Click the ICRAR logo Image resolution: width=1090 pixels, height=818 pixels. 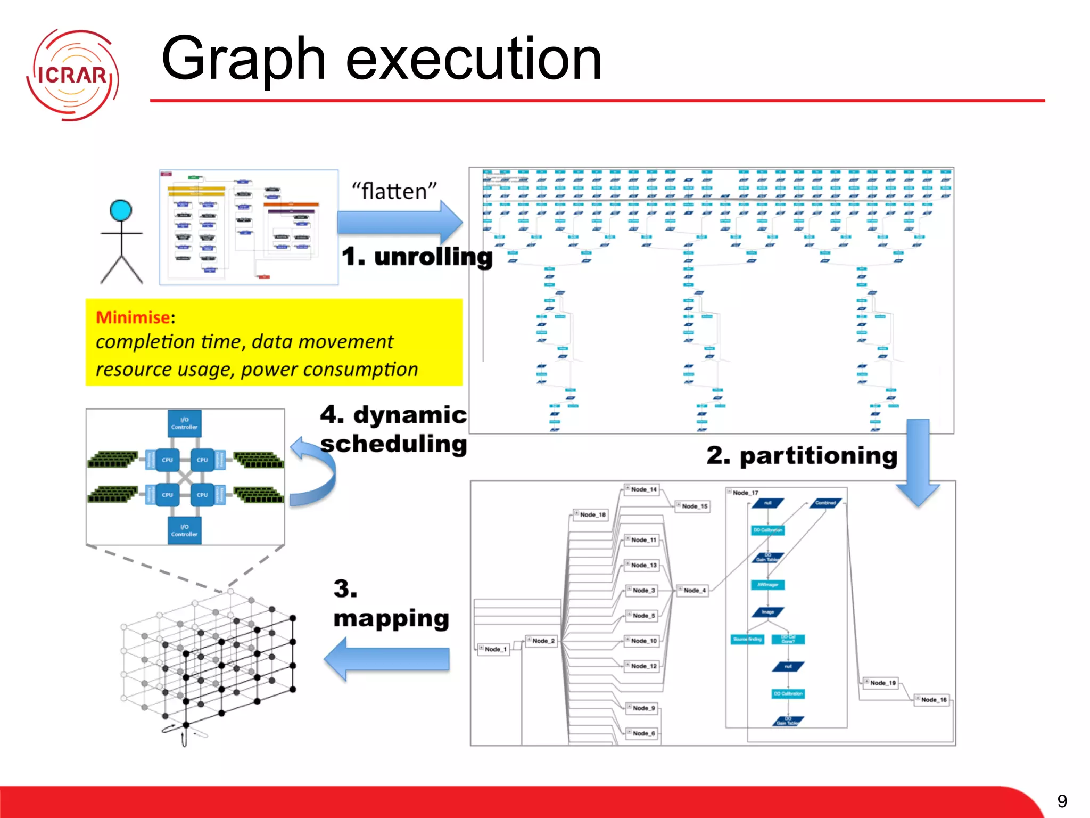coord(72,75)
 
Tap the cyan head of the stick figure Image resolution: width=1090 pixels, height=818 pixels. coord(121,210)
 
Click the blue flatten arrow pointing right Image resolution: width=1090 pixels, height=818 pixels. coord(399,222)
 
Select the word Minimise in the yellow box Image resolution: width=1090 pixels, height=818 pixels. coord(133,317)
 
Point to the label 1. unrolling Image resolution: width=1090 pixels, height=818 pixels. coord(417,257)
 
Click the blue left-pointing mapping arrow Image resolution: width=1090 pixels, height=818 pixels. coord(387,659)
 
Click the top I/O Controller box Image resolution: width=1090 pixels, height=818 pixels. coord(184,423)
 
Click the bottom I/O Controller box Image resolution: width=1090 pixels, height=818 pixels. coord(184,530)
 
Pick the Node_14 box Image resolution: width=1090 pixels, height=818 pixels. coord(642,489)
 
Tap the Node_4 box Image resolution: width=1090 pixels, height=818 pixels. coord(693,590)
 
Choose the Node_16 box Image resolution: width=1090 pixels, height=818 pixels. coord(932,700)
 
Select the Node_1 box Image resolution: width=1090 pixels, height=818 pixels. coord(494,649)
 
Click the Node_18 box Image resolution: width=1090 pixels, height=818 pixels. coord(591,514)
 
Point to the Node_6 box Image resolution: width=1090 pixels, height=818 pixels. coord(642,733)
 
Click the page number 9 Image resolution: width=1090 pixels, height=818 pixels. coord(1062,801)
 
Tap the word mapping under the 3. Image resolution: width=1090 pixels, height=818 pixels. coord(391,619)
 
